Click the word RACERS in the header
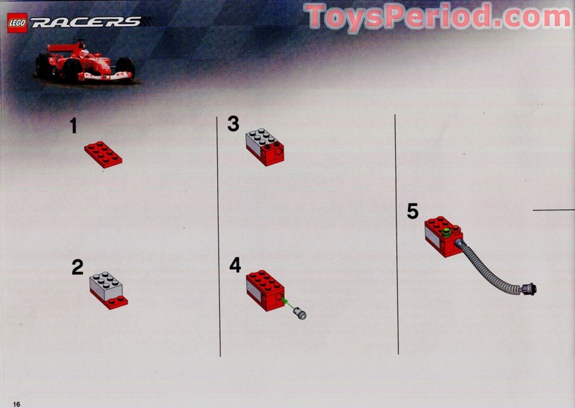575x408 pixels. (86, 22)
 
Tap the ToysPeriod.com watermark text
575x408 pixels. (438, 16)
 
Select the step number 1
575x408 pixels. (74, 126)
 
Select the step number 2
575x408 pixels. (78, 268)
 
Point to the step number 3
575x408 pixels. (233, 124)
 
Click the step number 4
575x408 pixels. (235, 266)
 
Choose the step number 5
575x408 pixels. (413, 211)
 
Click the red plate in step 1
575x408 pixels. (103, 154)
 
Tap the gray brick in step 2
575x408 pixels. (106, 284)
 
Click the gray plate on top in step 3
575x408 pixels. (261, 138)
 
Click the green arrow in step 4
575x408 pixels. (288, 305)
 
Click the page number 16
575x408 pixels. (16, 403)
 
